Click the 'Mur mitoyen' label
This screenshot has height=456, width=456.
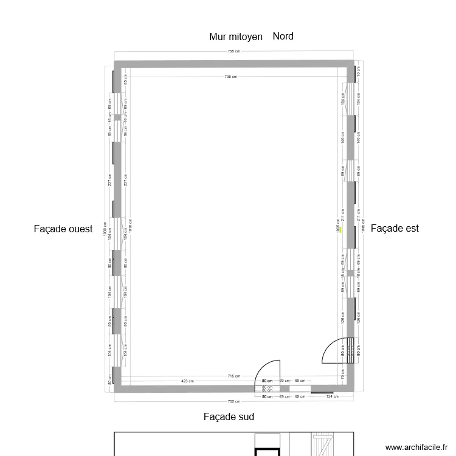[236, 37]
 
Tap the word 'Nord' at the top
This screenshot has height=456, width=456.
[283, 36]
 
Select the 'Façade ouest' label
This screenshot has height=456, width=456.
[63, 229]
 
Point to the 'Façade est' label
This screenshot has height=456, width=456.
[395, 229]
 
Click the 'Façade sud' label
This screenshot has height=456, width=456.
[229, 417]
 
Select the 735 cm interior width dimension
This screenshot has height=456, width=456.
[230, 77]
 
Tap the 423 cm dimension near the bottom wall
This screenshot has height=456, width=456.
[187, 382]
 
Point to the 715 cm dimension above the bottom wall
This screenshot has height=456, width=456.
[230, 376]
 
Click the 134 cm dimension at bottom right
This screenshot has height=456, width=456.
[331, 396]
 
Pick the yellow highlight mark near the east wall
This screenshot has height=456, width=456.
[340, 229]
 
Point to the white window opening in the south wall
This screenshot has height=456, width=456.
[299, 387]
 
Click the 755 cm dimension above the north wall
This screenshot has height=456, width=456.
[234, 52]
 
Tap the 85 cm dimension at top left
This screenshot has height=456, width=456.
[126, 79]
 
